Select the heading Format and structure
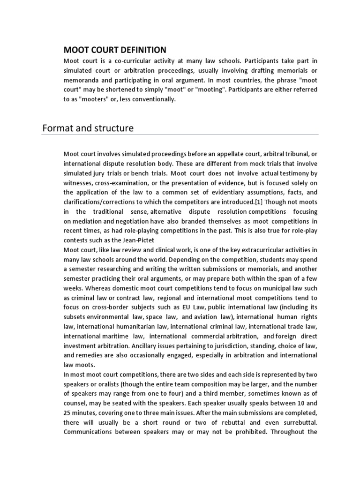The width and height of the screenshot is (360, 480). pyautogui.click(x=88, y=127)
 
